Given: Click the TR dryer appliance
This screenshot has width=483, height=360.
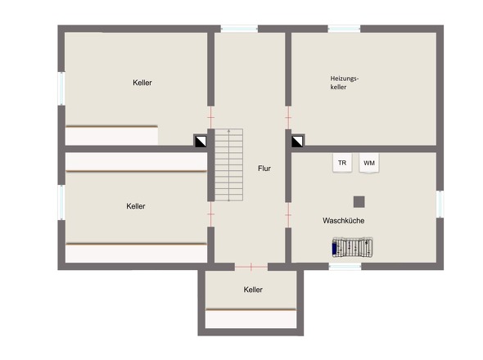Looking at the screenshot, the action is pos(342,163).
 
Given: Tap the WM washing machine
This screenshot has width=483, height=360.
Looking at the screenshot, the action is pos(369,163).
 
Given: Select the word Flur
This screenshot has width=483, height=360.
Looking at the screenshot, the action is pos(264,169).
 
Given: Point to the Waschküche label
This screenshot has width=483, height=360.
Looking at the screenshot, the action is pos(344,220).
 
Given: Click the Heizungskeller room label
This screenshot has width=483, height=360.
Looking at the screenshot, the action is pos(345,83).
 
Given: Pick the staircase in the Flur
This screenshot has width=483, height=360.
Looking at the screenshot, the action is pos(228,164).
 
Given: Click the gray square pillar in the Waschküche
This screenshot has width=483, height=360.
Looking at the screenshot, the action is pos(359,202).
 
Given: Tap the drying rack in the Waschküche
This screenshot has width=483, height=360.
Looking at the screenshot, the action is pos(352,246).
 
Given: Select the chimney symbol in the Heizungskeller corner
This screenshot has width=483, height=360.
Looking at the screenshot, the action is pos(297,141).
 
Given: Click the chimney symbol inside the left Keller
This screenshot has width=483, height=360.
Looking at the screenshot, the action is pos(201,141).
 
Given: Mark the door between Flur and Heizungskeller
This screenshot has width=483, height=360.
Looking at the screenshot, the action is pos(288,117).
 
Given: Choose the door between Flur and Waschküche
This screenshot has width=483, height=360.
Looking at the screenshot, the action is pos(288,214).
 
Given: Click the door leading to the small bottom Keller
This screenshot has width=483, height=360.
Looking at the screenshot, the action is pos(251,267).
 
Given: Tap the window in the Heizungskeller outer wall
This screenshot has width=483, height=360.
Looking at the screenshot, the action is pos(344,29).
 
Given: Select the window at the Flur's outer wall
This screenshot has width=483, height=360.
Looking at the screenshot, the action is pos(239,29).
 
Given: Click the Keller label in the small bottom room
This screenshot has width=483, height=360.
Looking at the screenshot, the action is pos(253,290).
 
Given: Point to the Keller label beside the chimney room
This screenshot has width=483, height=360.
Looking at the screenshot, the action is pos(142,83).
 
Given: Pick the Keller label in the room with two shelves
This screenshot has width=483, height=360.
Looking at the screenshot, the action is pos(136,206).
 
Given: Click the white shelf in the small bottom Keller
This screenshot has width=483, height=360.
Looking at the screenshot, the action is pos(251,318).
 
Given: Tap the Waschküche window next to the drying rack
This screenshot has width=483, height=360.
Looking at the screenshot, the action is pos(345,267).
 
